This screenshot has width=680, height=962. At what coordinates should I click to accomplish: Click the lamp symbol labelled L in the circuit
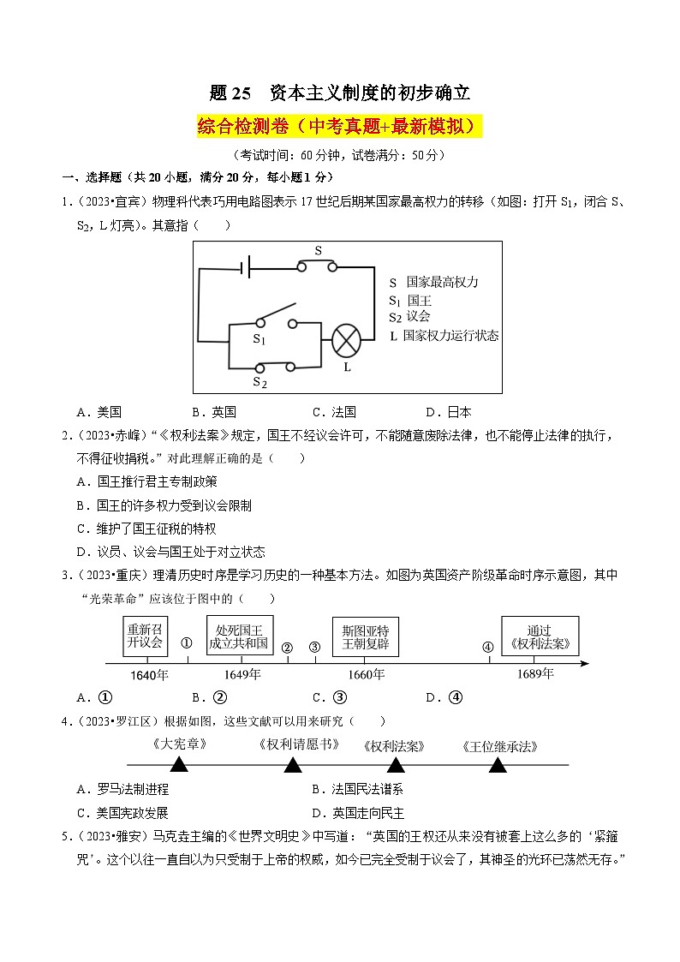click(x=347, y=340)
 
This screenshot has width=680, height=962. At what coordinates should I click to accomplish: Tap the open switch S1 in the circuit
click(x=275, y=318)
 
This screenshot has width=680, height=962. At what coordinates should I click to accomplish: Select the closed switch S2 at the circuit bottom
click(x=274, y=367)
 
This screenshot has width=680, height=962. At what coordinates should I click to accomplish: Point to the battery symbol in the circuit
click(x=246, y=268)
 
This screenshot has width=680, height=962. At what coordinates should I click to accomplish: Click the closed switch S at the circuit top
click(x=318, y=266)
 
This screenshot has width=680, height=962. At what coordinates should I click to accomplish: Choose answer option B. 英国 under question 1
click(x=214, y=412)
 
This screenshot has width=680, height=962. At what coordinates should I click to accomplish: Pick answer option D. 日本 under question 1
click(x=448, y=412)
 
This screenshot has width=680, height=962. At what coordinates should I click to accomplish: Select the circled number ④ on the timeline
click(x=488, y=648)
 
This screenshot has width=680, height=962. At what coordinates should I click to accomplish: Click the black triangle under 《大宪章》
click(x=178, y=764)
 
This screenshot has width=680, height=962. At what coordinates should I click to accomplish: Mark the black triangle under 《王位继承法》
click(x=498, y=764)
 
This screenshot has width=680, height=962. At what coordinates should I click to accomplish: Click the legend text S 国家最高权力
click(x=433, y=282)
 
